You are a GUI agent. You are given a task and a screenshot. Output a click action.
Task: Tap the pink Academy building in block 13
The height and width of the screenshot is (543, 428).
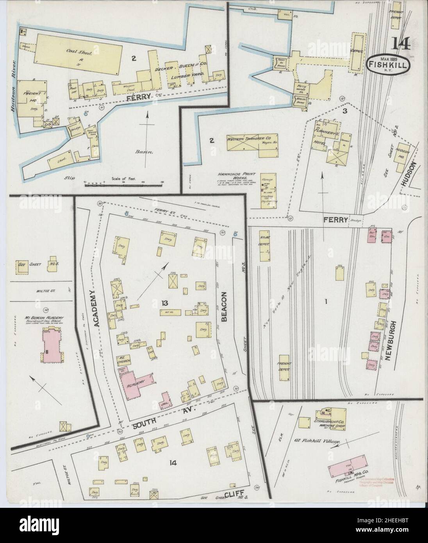[x=136, y=381]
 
